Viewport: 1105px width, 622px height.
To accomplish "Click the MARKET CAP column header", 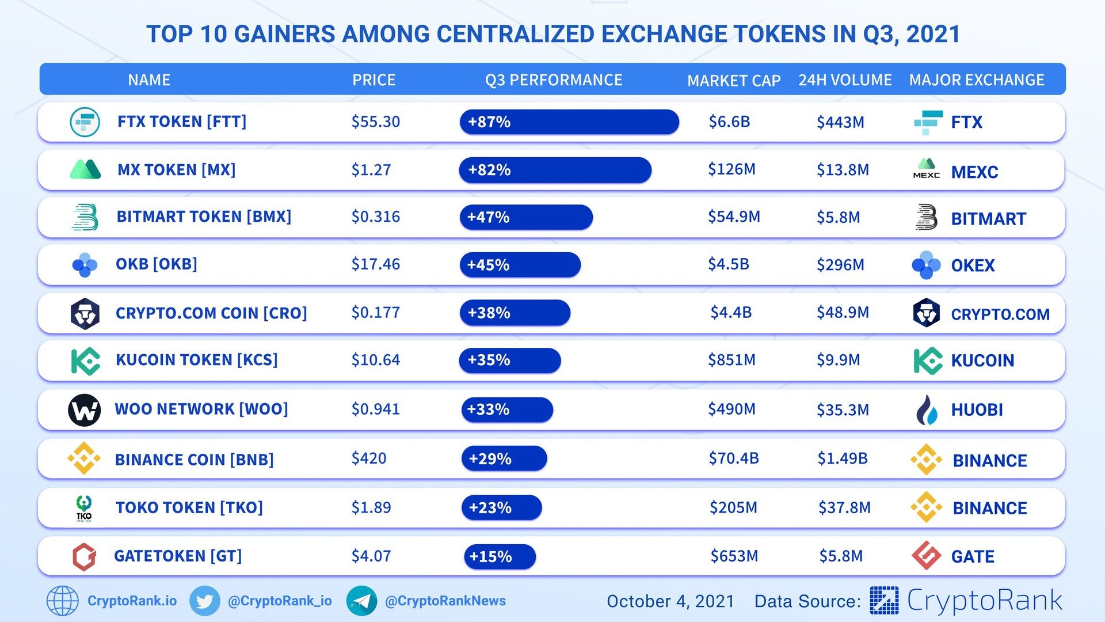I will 734,81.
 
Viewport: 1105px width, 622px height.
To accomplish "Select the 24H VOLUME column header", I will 845,80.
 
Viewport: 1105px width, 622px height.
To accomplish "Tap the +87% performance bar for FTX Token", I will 569,122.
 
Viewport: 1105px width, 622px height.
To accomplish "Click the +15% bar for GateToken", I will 500,556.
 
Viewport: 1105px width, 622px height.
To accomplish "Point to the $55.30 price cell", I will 375,122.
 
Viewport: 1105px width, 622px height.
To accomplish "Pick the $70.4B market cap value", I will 734,458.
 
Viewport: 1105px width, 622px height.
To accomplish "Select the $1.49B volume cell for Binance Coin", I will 843,458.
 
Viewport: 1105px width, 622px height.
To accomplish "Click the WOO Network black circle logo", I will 84,410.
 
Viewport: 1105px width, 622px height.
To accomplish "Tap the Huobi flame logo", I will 927,410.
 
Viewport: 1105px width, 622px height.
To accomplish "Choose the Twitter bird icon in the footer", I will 204,601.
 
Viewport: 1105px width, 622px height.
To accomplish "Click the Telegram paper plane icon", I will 361,601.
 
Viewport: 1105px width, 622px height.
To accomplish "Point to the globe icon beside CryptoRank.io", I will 62,601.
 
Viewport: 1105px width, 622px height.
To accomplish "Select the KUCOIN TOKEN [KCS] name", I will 197,360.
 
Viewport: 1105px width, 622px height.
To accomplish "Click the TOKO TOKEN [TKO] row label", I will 189,508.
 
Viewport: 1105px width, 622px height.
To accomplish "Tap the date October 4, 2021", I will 670,602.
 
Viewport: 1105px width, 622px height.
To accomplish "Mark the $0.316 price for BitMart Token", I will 375,217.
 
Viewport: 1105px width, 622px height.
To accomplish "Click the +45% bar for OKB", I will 520,265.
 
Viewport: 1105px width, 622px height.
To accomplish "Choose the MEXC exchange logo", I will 927,169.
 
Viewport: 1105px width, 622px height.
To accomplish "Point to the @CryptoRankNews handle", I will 445,601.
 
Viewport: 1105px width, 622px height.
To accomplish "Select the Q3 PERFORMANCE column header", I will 554,80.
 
